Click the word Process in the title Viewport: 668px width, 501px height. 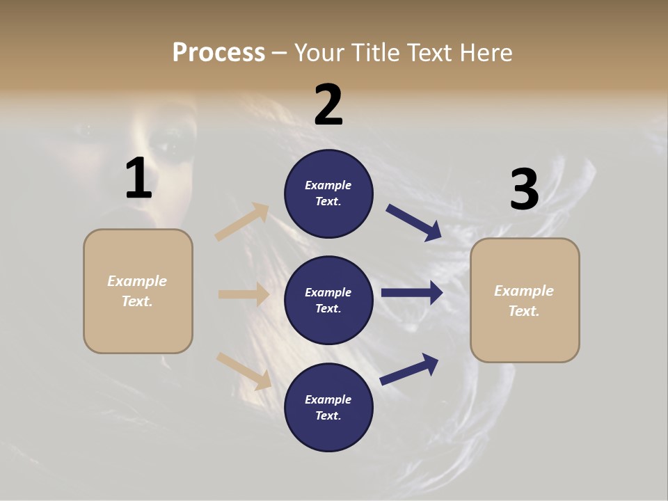point(218,53)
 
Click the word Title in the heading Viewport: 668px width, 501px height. point(372,53)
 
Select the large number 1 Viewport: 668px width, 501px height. point(138,178)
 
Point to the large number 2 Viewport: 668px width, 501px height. point(328,105)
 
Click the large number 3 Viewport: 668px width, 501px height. point(524,190)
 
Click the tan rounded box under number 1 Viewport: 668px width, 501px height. point(138,291)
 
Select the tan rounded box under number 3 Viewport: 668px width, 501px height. point(525,300)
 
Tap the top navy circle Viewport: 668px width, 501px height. point(328,193)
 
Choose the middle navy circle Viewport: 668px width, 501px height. point(328,300)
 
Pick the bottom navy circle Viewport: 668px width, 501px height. point(328,407)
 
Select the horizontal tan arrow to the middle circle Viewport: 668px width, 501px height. point(244,294)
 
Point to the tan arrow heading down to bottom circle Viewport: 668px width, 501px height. point(244,370)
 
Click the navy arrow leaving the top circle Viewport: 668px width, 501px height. point(414,223)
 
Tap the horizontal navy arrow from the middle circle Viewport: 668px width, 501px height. point(412,293)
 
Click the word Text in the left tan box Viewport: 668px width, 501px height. point(136,302)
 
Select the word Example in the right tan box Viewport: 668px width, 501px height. point(524,291)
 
